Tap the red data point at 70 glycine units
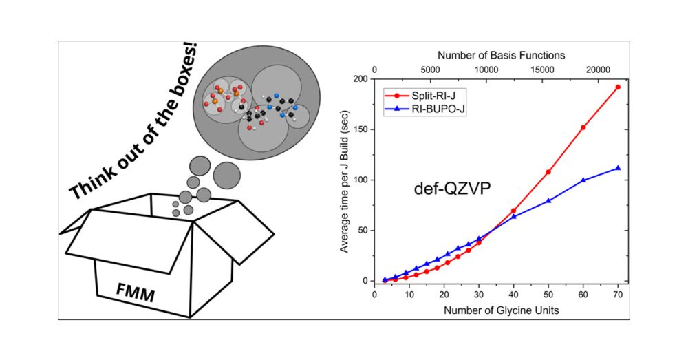[618, 87]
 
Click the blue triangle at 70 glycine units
[618, 168]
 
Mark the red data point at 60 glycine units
[583, 127]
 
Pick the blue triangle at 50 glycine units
[548, 200]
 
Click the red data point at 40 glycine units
[513, 211]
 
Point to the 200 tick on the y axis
[361, 78]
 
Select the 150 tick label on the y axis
[361, 129]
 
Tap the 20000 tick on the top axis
[596, 70]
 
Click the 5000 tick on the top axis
[430, 70]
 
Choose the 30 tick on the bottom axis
[479, 295]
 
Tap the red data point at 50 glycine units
[548, 172]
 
